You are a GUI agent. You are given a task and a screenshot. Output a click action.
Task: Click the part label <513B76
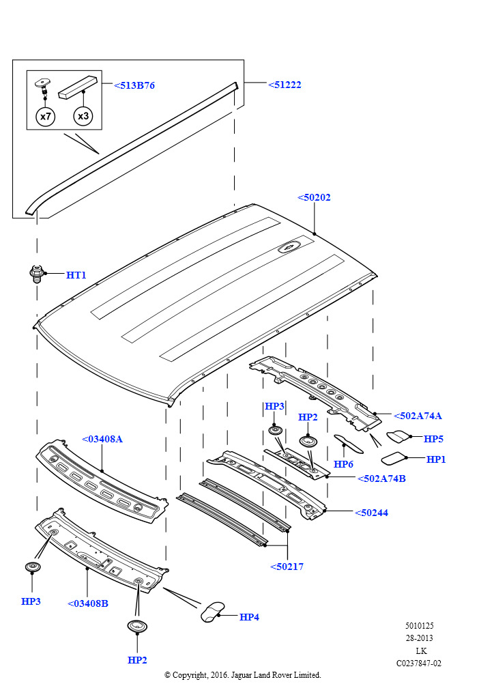(134, 85)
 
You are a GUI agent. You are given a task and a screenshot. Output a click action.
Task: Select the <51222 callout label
(284, 85)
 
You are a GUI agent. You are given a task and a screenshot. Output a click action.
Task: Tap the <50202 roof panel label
(314, 197)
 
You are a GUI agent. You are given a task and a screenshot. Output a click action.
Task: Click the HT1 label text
(76, 275)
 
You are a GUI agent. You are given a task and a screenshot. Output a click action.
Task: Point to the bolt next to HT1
(37, 274)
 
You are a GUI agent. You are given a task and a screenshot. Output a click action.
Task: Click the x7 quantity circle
(45, 117)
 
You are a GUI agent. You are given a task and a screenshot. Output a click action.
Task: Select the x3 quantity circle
(83, 117)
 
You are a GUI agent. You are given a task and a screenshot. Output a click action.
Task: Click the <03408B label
(87, 603)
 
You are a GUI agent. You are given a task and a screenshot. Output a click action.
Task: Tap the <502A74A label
(418, 415)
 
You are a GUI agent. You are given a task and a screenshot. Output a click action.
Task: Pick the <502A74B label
(381, 479)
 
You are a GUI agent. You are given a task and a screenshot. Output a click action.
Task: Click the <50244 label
(371, 513)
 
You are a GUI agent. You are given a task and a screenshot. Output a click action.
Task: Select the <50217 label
(287, 567)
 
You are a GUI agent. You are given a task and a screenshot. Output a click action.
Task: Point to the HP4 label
(250, 616)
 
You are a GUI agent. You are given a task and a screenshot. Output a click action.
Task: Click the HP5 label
(433, 439)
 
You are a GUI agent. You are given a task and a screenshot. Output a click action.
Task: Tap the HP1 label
(436, 459)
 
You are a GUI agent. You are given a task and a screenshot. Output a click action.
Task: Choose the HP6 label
(343, 464)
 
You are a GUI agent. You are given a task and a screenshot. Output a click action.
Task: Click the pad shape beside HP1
(393, 457)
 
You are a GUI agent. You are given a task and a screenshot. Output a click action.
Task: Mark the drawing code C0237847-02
(419, 663)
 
